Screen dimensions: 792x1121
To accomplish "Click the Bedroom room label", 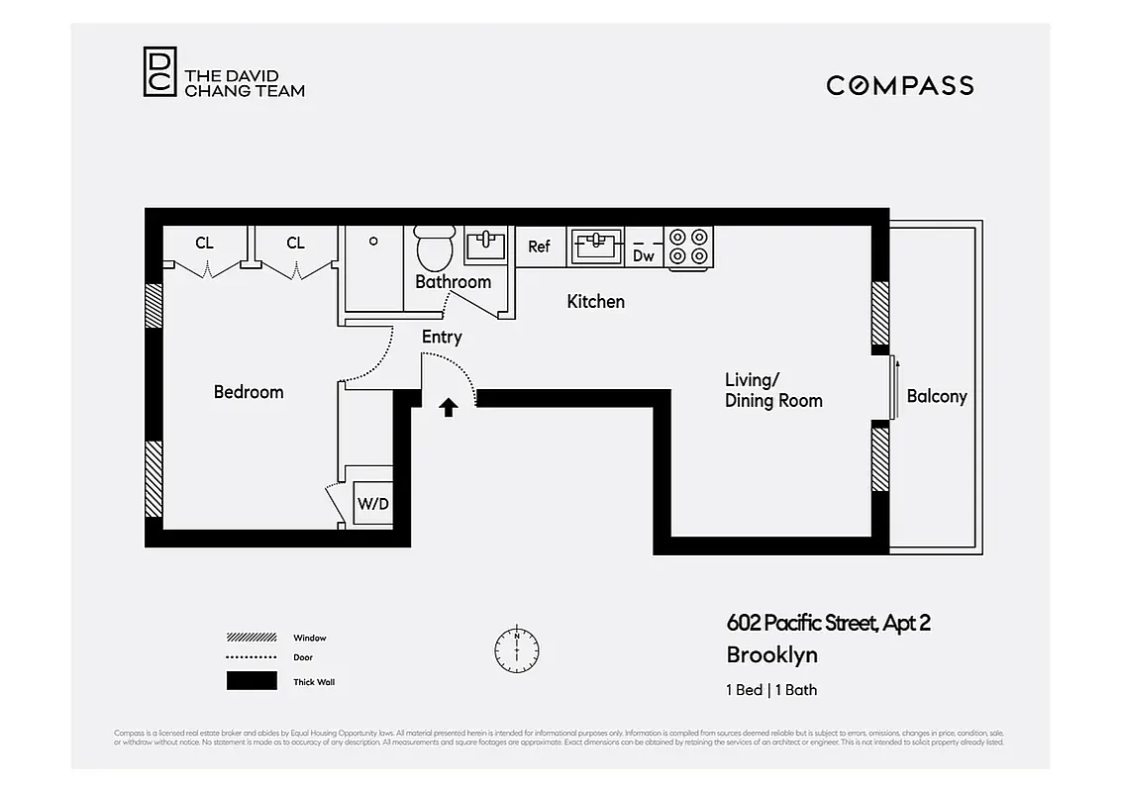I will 249,392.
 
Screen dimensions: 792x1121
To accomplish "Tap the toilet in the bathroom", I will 433,247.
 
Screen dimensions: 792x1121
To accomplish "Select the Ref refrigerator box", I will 539,247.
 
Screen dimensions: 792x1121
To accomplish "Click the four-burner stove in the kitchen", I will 689,247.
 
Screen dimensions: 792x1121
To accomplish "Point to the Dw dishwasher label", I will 644,255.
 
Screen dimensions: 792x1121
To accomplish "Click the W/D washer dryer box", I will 373,503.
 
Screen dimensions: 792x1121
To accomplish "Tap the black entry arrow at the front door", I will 449,406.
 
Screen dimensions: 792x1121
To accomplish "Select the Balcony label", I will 936,396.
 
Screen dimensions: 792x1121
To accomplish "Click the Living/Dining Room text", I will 773,390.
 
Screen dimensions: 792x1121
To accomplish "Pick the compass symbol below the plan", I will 517,650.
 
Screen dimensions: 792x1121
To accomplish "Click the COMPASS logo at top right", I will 899,85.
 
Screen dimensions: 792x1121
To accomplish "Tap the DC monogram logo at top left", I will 159,71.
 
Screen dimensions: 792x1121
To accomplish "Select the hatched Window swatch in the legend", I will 252,638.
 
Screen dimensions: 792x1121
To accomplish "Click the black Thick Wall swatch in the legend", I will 252,681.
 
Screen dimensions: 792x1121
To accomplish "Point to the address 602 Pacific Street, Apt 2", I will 828,623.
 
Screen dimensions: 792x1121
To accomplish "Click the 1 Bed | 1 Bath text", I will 771,690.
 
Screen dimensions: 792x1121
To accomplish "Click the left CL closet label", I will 204,243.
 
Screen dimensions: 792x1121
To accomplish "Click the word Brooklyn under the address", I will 771,655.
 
